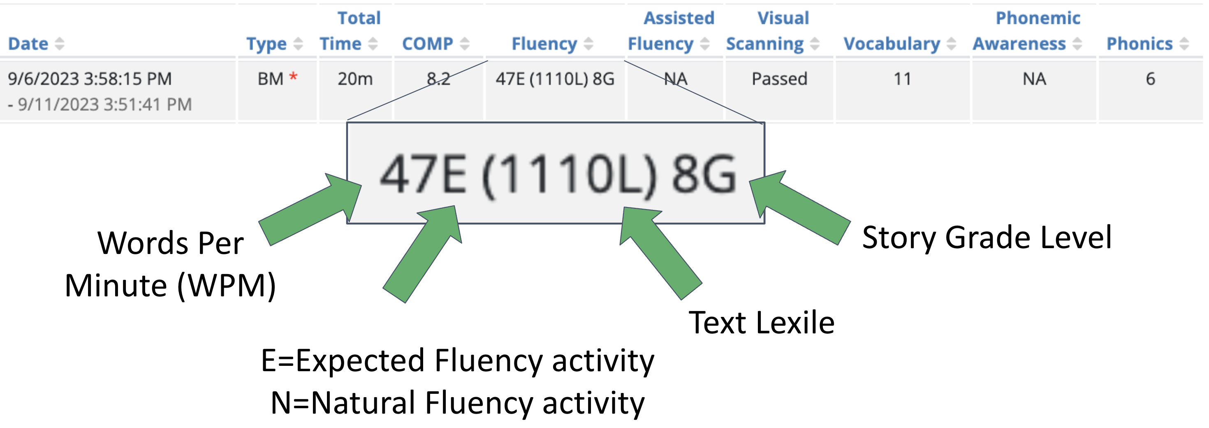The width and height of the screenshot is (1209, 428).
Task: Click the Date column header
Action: click(x=28, y=44)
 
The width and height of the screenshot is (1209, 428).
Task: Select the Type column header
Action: click(x=266, y=44)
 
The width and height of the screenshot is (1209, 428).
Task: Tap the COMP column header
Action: click(x=427, y=44)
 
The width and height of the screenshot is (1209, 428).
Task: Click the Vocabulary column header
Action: click(x=891, y=44)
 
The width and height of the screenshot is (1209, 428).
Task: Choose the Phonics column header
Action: click(x=1139, y=44)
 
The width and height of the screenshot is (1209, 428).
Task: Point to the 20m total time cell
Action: click(x=355, y=79)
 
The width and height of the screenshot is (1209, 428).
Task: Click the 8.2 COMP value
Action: click(x=438, y=79)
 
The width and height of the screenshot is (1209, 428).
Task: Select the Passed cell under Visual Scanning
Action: click(x=779, y=79)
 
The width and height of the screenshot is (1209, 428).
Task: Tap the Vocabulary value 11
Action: click(x=902, y=79)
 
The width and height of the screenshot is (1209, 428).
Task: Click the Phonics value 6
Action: click(x=1150, y=79)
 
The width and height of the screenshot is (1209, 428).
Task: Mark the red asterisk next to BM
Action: click(x=293, y=76)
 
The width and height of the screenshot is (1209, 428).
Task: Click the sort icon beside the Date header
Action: click(x=60, y=44)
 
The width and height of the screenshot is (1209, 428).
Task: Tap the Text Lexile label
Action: click(x=761, y=323)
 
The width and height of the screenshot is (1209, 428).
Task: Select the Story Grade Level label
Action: click(x=987, y=237)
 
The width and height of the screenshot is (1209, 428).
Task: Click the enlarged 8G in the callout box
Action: click(x=704, y=175)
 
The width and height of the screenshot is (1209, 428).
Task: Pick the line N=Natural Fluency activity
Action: click(x=458, y=402)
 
